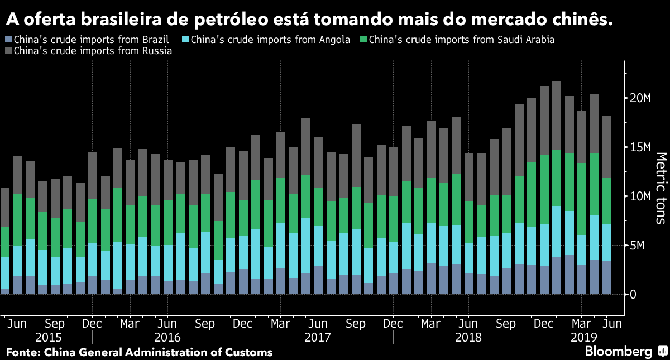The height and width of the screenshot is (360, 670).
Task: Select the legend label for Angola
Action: [x=270, y=40]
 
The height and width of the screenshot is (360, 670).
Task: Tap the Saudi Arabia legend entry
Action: [x=461, y=40]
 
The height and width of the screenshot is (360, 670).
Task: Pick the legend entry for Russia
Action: [x=92, y=50]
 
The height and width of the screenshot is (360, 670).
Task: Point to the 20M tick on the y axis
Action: [x=640, y=98]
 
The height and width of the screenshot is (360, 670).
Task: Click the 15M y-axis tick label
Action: [x=640, y=147]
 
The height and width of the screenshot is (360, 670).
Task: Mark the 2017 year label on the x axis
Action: [x=318, y=338]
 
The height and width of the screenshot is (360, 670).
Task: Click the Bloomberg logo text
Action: [x=618, y=352]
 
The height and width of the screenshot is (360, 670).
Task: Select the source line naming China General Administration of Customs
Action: [x=139, y=352]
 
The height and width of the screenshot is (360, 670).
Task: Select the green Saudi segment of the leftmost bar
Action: [x=4, y=242]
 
